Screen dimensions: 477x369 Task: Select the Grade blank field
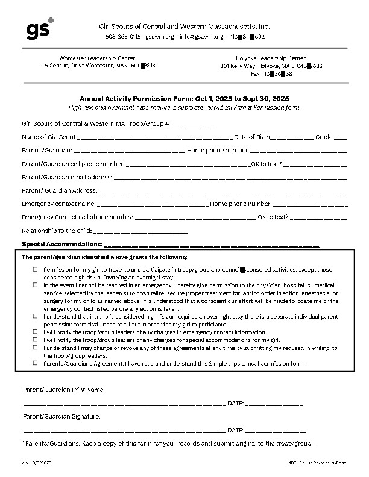[341, 137]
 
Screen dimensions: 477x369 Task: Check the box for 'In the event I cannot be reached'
[36, 285]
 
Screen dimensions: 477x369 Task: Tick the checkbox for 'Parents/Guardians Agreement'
[36, 363]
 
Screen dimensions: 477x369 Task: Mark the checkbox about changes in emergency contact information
[36, 332]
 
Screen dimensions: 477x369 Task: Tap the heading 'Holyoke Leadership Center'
[272, 57]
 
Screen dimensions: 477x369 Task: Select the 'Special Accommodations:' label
[61, 244]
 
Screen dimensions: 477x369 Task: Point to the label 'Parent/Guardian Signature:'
[61, 417]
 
